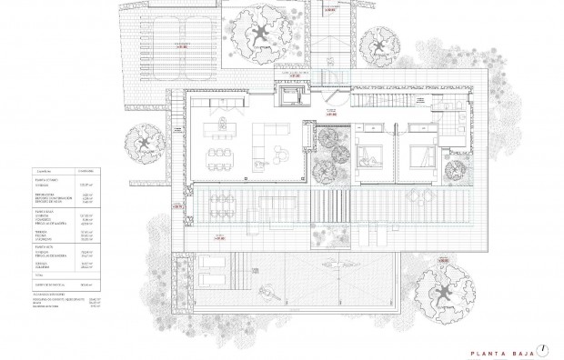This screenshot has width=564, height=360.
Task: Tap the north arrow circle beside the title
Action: [543, 348]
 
